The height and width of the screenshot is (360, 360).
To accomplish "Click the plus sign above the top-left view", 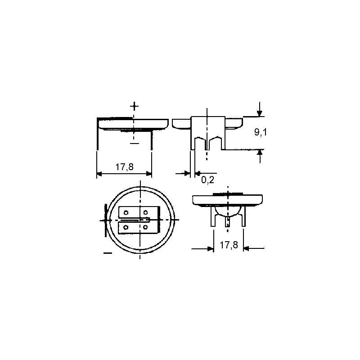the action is click(x=134, y=106).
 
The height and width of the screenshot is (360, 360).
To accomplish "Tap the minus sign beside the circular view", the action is click(x=108, y=253).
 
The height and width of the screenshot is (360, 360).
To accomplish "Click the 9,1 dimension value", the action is click(x=261, y=132).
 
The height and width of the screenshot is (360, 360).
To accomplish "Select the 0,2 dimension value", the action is click(x=208, y=180).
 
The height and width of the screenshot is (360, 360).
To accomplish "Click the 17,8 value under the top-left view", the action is click(x=124, y=167).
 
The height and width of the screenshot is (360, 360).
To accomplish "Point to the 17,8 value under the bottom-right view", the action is click(x=229, y=245).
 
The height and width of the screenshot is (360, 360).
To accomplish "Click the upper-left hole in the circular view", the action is click(x=126, y=212).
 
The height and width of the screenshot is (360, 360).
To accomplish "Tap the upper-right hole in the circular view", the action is click(x=145, y=212).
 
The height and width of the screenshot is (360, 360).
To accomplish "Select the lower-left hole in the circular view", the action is click(x=126, y=227).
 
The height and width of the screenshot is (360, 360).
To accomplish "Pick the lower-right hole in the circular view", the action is click(x=145, y=227).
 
